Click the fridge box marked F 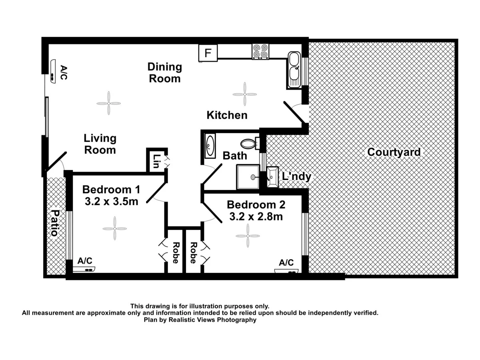208,53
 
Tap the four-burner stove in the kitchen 260,52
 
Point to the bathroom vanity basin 210,146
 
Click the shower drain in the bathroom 253,177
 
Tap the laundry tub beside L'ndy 272,177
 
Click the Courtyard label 394,152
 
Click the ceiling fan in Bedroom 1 115,228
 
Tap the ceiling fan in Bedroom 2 248,236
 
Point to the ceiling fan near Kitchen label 244,94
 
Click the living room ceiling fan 108,103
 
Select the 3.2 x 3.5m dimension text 112,202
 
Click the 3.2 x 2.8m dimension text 256,217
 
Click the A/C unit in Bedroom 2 286,271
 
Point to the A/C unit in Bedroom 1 84,269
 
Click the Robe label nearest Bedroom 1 175,253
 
